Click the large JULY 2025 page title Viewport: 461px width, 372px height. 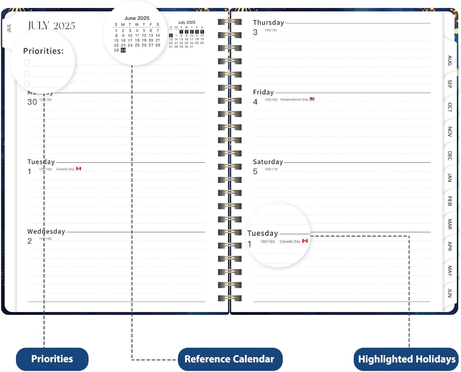[51, 26]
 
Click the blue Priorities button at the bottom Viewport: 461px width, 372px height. [52, 359]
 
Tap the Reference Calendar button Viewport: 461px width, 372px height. [230, 359]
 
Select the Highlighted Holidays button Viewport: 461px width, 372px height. [406, 359]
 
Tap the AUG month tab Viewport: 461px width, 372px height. [450, 60]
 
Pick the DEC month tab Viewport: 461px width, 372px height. [450, 156]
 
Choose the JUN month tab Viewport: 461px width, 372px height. [450, 293]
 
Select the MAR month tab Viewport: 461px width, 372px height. [450, 224]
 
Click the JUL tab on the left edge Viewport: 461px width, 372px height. [9, 28]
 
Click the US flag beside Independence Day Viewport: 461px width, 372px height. [312, 99]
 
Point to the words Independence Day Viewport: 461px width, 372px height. [294, 99]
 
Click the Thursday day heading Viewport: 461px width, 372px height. [268, 23]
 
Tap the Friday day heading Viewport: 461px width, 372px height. [263, 92]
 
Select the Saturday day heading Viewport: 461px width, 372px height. [268, 162]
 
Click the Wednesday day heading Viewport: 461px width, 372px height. [46, 231]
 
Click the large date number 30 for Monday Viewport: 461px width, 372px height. [32, 102]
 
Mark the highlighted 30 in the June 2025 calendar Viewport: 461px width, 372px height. [123, 50]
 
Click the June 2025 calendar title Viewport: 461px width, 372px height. [137, 18]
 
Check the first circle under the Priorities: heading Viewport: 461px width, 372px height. [27, 62]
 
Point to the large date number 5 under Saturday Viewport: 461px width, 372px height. [255, 171]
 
